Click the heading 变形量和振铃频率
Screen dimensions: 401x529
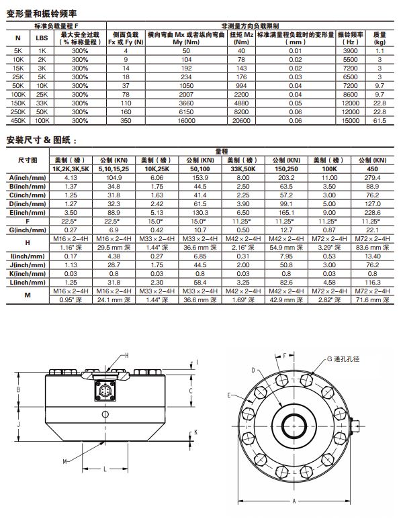click(x=42, y=13)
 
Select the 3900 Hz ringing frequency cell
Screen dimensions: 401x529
click(x=350, y=50)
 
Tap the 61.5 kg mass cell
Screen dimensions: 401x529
click(x=380, y=120)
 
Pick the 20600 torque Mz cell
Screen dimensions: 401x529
click(x=241, y=120)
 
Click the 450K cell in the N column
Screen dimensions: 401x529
click(x=18, y=120)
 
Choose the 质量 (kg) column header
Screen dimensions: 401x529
click(x=380, y=38)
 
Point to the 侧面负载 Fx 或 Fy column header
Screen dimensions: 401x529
click(x=126, y=38)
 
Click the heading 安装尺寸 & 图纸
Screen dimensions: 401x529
click(x=41, y=140)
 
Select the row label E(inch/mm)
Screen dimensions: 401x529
click(x=28, y=213)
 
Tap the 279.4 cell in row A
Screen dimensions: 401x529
click(x=372, y=177)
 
